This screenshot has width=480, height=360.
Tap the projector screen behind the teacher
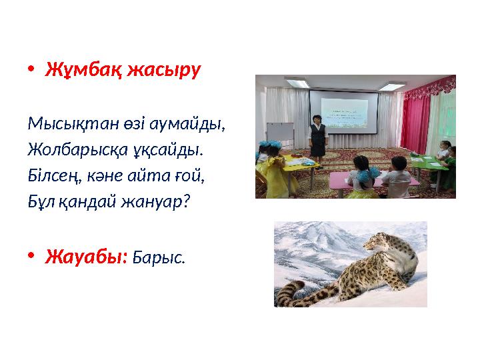(x=343, y=114)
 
